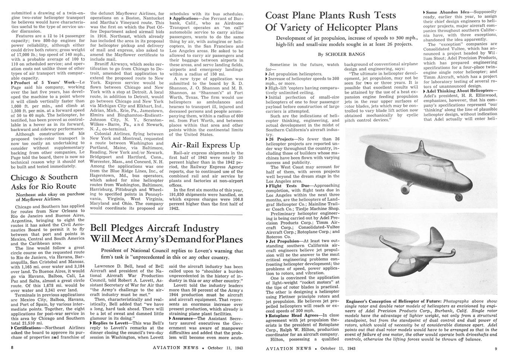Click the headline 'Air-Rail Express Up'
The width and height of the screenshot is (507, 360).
point(205,145)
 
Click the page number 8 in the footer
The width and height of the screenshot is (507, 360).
point(12,348)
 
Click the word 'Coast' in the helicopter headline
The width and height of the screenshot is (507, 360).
point(282,16)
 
